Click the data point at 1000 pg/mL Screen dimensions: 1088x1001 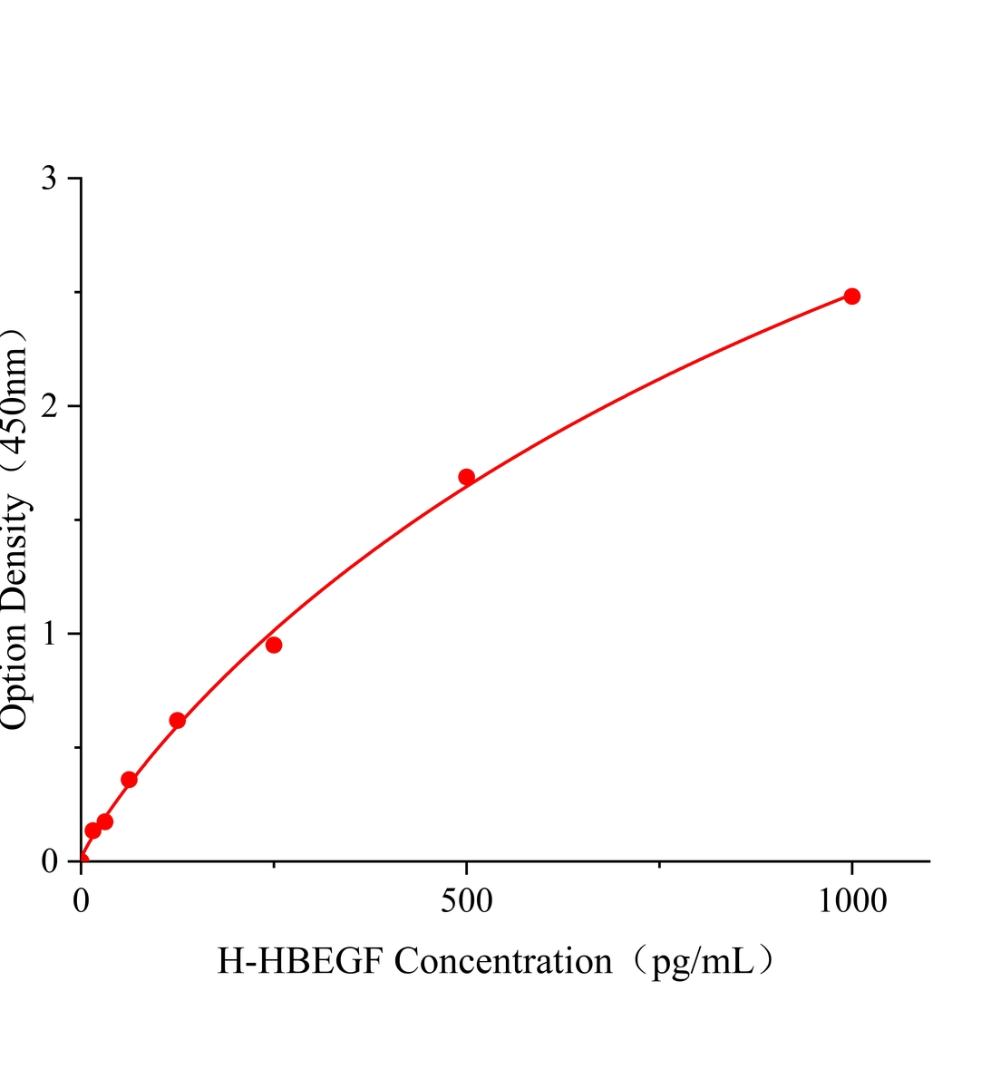coord(851,296)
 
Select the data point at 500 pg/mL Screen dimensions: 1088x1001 coord(466,477)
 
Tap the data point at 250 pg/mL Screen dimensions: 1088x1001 coord(274,645)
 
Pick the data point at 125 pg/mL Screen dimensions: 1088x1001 coord(178,721)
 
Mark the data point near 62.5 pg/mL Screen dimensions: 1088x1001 coord(129,780)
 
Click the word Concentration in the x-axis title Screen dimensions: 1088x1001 coord(503,961)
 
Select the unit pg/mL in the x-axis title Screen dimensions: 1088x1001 coord(701,961)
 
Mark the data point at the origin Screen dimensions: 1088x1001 coord(82,860)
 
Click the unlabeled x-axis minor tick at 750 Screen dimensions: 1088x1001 coord(659,864)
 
